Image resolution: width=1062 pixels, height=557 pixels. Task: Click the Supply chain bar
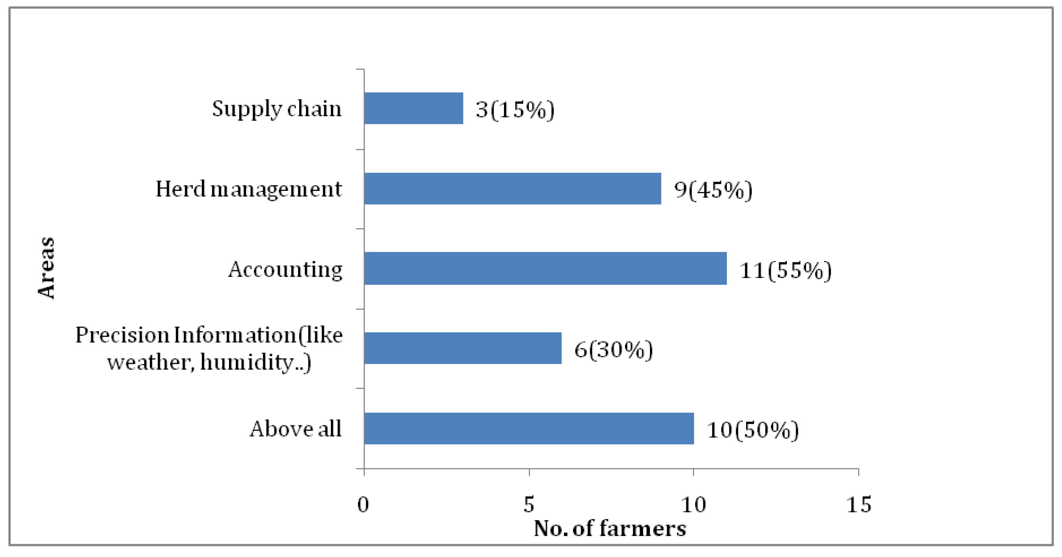point(413,108)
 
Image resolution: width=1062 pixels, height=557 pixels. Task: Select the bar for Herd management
point(512,188)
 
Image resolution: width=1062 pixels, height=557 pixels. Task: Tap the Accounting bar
point(545,269)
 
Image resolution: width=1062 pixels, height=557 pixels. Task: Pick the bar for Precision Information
point(463,348)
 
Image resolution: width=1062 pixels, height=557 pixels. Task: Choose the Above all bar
point(529,428)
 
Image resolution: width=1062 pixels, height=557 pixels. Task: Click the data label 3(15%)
point(515,109)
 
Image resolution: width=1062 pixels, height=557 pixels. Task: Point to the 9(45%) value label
point(713,190)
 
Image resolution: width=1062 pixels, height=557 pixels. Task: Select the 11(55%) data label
point(785,270)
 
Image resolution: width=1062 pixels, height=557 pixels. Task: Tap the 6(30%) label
point(614,350)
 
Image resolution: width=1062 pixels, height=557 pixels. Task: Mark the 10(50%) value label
point(753,430)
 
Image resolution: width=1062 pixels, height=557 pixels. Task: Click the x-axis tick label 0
point(363,504)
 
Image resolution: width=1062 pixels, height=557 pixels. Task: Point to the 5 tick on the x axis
point(529,504)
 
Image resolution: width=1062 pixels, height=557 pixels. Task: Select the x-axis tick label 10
point(693,504)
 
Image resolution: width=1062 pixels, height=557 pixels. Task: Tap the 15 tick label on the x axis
point(859,504)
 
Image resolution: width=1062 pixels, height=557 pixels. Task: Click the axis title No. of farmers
point(610,529)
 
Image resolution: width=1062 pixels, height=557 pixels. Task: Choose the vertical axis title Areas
point(46,268)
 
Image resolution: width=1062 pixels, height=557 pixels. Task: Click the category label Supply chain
point(277,109)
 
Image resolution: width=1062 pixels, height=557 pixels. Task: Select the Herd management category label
point(249,189)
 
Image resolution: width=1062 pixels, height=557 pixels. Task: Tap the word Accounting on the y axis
point(285,270)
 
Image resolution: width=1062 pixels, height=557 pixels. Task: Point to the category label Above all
point(296,429)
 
